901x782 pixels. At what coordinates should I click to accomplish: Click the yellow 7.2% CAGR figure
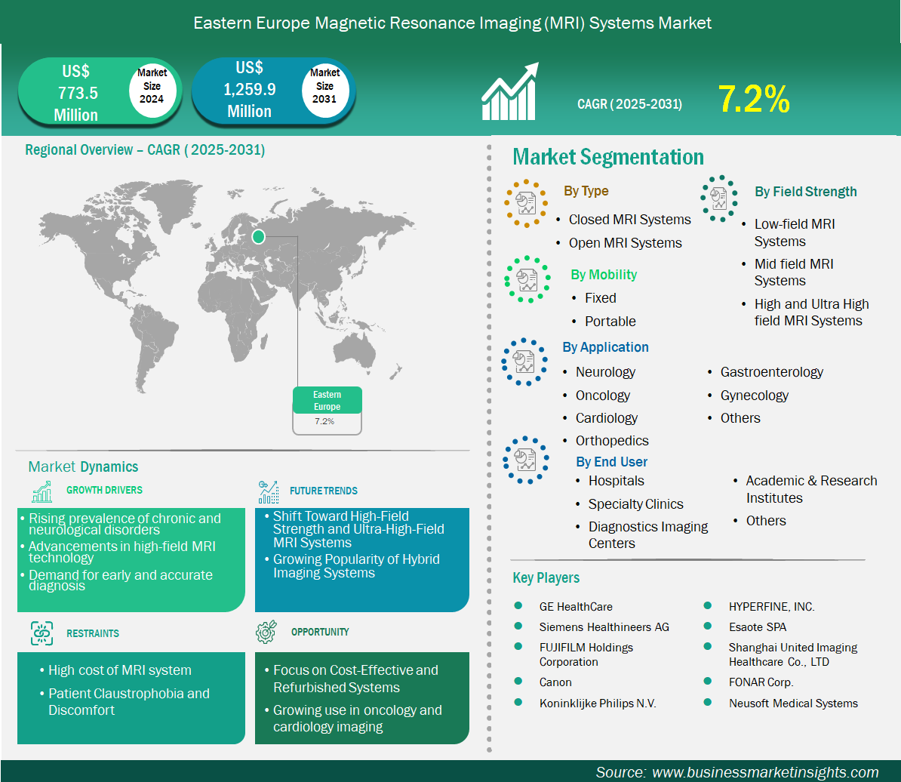point(754,99)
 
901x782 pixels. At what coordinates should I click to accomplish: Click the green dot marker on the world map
point(259,236)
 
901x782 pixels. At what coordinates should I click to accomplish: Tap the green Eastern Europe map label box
point(327,401)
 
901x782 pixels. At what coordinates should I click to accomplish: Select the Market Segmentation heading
point(608,158)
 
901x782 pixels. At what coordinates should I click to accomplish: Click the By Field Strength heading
point(806,192)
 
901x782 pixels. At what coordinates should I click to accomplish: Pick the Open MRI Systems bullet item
point(625,243)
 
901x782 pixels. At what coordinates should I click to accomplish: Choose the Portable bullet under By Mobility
point(610,322)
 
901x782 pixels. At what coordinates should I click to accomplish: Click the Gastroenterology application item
point(772,372)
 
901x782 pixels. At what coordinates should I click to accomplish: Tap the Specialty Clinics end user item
point(635,504)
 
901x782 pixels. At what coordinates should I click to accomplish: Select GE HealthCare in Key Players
point(576,607)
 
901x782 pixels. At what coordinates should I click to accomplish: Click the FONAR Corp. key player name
point(761,682)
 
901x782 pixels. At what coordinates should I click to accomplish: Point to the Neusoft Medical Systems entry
point(793,703)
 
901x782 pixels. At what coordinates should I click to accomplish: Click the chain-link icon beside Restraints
point(42,633)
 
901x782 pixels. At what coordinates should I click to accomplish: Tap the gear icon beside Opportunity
point(266,632)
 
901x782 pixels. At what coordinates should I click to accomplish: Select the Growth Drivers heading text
point(105,490)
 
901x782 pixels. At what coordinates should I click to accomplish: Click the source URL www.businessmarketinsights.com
point(765,772)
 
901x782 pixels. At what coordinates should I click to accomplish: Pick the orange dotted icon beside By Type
point(525,203)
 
